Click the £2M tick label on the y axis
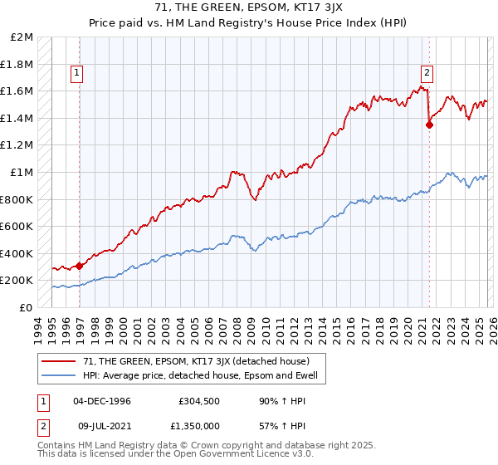click(x=22, y=37)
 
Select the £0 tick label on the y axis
click(x=27, y=307)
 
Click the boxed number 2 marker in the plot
click(x=426, y=71)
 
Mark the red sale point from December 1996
click(x=80, y=266)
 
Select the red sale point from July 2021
click(x=429, y=125)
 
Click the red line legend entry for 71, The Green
click(x=184, y=361)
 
